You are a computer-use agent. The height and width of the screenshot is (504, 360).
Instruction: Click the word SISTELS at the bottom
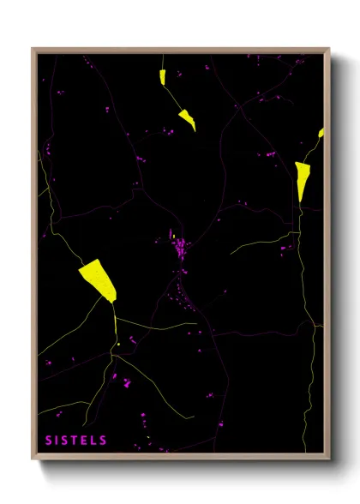pos(76,440)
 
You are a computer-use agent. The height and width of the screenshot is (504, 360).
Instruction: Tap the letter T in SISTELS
pos(76,440)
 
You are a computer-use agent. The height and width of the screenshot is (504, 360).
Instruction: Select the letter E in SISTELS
pos(86,440)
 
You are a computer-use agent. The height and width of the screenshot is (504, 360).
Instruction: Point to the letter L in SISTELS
pos(95,440)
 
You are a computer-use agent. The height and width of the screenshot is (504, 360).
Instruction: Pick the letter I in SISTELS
pos(58,440)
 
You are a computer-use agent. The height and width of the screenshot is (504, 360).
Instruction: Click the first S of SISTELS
pos(50,440)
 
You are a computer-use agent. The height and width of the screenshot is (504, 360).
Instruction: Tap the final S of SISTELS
pos(104,440)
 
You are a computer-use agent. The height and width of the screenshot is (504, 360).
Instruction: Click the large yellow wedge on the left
pos(98,279)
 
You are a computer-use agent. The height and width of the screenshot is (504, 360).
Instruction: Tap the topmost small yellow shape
pos(162,76)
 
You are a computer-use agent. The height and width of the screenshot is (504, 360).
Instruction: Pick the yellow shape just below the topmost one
pos(188,119)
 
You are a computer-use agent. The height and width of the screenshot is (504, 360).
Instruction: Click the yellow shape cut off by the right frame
pos(321,133)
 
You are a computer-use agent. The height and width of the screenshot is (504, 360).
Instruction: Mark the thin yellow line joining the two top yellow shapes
pos(174,97)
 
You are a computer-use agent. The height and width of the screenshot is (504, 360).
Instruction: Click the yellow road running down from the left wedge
pos(115,321)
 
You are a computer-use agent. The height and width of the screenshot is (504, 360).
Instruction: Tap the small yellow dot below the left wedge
pos(117,345)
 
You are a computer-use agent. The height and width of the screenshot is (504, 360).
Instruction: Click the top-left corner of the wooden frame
pos(33,50)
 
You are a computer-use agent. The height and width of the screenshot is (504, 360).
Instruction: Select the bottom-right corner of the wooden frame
pos(328,459)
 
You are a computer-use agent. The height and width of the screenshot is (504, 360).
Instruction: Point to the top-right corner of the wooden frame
pos(328,50)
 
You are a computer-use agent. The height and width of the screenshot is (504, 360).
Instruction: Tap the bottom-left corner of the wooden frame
pos(33,459)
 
